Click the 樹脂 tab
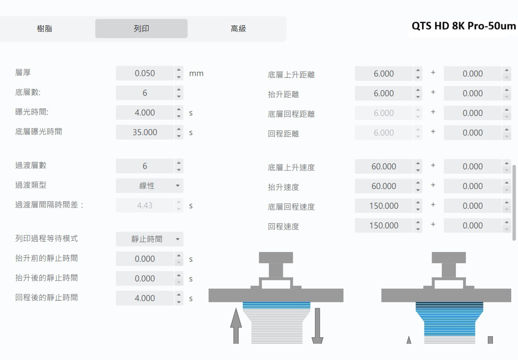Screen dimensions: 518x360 (x=45, y=29)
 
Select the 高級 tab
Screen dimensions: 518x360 (x=238, y=29)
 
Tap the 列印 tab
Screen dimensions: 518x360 (x=141, y=29)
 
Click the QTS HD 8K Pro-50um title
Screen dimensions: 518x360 (x=463, y=26)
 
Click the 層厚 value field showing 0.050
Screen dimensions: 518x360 (x=145, y=73)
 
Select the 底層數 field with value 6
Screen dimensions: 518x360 (x=145, y=93)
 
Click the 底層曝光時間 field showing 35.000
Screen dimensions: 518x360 (x=145, y=132)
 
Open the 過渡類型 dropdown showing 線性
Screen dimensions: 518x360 (x=149, y=185)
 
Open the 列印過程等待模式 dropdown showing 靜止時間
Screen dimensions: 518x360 (x=149, y=239)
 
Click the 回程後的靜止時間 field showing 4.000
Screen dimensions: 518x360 (x=145, y=298)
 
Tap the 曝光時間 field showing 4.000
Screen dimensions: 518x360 (x=145, y=112)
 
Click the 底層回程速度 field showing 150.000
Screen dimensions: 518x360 (x=384, y=206)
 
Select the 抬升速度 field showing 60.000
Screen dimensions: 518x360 (x=384, y=186)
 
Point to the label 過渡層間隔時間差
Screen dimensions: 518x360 (x=49, y=205)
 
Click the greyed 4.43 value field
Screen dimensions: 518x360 (x=145, y=205)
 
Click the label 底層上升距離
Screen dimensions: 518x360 (x=291, y=75)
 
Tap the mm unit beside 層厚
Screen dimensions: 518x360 (x=196, y=73)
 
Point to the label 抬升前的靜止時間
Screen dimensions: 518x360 (x=46, y=258)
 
